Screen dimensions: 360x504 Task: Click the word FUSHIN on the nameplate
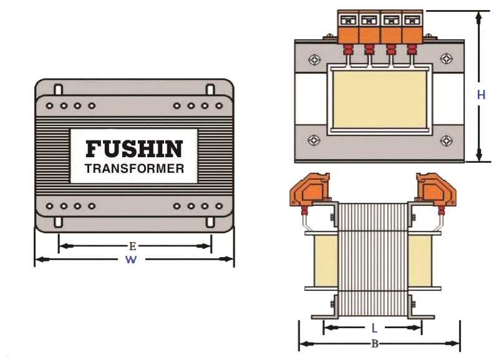[x=133, y=148]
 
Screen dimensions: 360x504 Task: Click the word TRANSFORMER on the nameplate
[x=134, y=168]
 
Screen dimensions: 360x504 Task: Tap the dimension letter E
[x=132, y=246]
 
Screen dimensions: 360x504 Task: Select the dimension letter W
[x=131, y=260]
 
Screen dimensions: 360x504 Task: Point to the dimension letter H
[x=481, y=95]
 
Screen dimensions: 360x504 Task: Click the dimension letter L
[x=374, y=327]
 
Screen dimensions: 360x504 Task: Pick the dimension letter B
[x=375, y=343]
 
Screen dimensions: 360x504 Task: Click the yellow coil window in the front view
[x=380, y=99]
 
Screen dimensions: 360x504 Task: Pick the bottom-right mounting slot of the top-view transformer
[x=210, y=221]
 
